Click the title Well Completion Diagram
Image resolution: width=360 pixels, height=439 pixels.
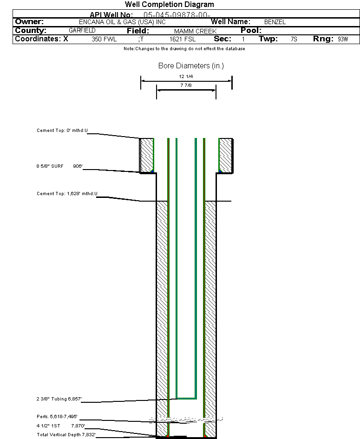coord(170,5)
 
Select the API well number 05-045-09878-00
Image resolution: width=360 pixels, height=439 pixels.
coord(177,15)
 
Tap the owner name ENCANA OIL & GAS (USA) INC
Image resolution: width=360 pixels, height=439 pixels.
coord(122,22)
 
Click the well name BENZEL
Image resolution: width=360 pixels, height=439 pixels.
coord(275,22)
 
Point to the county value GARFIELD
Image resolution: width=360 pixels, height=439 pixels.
coord(82,31)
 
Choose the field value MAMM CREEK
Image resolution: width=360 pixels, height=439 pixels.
coord(196,31)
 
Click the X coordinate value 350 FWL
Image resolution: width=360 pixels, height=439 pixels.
coord(104,39)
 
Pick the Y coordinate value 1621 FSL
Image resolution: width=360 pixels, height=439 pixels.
coord(183,39)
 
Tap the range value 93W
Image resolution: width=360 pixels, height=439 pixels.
coord(343,39)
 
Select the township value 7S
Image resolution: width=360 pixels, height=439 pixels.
coord(294,39)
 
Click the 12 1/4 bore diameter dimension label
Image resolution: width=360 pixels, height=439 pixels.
coord(186,77)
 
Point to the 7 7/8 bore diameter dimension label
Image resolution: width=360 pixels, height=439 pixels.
coord(186,85)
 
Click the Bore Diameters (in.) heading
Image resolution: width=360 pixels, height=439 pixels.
coord(191,66)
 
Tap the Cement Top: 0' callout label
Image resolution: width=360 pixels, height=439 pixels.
coord(62,131)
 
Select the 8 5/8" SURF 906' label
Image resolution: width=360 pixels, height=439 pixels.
coord(59,166)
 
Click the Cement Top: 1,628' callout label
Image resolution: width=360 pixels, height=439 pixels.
coord(67,194)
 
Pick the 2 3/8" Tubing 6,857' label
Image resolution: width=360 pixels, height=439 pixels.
coord(59,399)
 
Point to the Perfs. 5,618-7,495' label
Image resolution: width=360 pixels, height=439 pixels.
coord(57,417)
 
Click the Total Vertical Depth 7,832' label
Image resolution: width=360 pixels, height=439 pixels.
coord(66,435)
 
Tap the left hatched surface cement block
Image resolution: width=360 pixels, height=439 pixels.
coord(147,155)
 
